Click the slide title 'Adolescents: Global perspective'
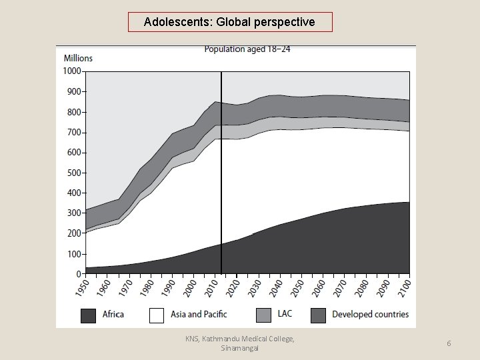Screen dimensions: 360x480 pos(229,22)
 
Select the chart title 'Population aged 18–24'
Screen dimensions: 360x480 pos(247,49)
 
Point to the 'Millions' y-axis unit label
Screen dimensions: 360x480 pos(79,58)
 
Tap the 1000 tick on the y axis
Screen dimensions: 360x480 pos(72,71)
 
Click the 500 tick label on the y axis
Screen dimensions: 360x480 pos(73,173)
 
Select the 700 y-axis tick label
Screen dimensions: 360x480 pos(73,132)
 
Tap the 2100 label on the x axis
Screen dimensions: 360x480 pos(406,288)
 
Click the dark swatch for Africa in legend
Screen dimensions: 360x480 pos(89,315)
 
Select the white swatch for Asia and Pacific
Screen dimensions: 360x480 pos(156,315)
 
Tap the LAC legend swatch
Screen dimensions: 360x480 pos(264,315)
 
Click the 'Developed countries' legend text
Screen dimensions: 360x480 pos(370,314)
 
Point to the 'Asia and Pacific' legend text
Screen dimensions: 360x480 pos(198,314)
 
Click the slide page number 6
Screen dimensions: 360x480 pos(449,343)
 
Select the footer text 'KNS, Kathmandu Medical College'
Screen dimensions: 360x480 pos(239,339)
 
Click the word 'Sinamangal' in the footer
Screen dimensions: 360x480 pos(240,348)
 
